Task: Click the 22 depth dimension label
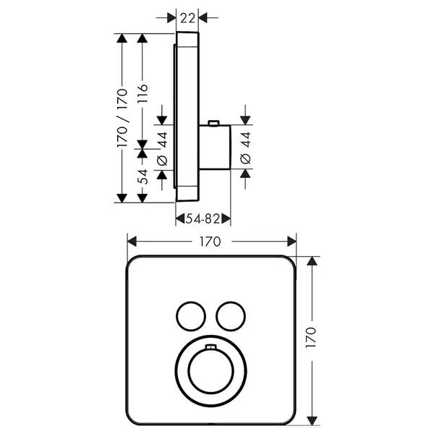(x=187, y=19)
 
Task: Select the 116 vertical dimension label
(x=142, y=93)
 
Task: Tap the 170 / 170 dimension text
(x=122, y=118)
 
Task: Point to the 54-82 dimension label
(x=203, y=219)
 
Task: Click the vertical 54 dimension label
(x=142, y=177)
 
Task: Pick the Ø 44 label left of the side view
(x=162, y=149)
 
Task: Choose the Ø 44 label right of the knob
(x=245, y=148)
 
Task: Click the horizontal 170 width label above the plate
(x=210, y=242)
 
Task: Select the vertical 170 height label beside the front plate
(x=311, y=337)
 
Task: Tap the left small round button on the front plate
(x=191, y=316)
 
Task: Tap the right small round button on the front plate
(x=231, y=316)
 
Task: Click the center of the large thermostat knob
(x=210, y=371)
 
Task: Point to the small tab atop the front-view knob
(x=210, y=346)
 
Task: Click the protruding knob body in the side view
(x=215, y=147)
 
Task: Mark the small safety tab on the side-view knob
(x=213, y=123)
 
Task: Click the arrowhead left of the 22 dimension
(x=171, y=18)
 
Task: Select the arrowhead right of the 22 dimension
(x=203, y=18)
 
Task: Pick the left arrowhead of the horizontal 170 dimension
(x=132, y=242)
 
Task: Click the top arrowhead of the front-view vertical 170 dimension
(x=312, y=261)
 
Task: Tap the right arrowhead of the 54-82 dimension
(x=226, y=219)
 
